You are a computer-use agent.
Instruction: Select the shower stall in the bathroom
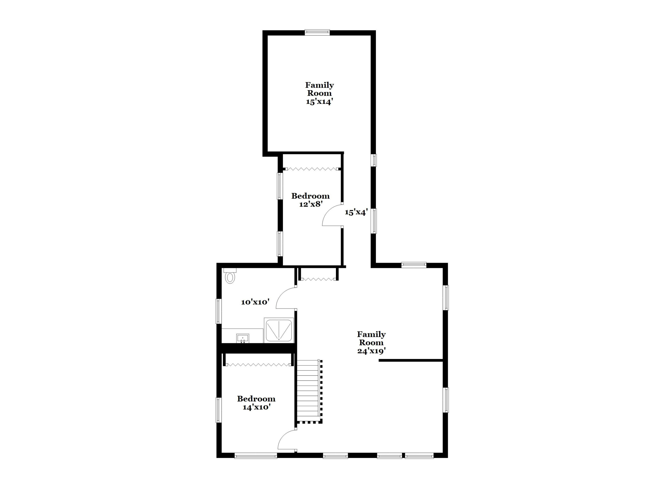pyautogui.click(x=279, y=330)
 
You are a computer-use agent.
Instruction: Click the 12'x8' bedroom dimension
pyautogui.click(x=311, y=204)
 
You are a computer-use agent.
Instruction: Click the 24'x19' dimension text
pyautogui.click(x=371, y=351)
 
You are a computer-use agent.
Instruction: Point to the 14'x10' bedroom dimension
pyautogui.click(x=256, y=407)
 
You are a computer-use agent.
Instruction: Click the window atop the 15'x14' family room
pyautogui.click(x=317, y=32)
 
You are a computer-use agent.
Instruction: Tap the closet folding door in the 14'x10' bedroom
pyautogui.click(x=258, y=365)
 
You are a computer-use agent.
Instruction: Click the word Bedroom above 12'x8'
pyautogui.click(x=311, y=196)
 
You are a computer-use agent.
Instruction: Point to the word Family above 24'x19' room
pyautogui.click(x=371, y=334)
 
